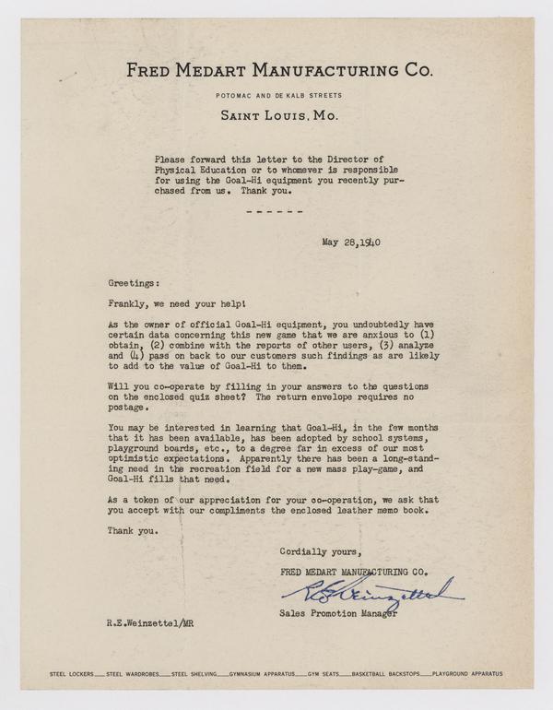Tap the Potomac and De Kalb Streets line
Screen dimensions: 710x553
(x=276, y=95)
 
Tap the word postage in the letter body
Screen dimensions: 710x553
(x=126, y=407)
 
